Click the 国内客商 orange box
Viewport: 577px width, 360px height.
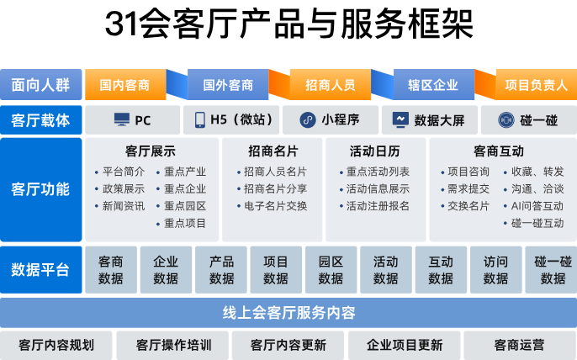124,85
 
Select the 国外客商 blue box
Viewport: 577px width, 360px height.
227,85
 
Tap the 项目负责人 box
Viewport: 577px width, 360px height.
536,85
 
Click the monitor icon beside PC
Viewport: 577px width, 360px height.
122,120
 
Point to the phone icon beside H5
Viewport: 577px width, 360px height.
200,120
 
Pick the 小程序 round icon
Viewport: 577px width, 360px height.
308,120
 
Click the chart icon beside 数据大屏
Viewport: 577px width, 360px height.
400,120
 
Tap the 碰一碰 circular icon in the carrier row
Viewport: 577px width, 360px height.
506,120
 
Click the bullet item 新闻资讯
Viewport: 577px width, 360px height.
123,206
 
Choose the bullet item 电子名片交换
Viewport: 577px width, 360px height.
274,206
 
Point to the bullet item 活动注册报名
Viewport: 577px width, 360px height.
378,206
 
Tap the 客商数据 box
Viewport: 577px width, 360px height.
110,270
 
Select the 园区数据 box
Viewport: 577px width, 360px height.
331,270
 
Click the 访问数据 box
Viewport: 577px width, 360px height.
495,270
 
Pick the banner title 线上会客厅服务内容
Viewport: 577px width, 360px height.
288,313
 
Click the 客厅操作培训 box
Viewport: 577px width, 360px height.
173,345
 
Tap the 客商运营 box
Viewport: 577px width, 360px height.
519,345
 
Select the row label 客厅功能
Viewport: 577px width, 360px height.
40,189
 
